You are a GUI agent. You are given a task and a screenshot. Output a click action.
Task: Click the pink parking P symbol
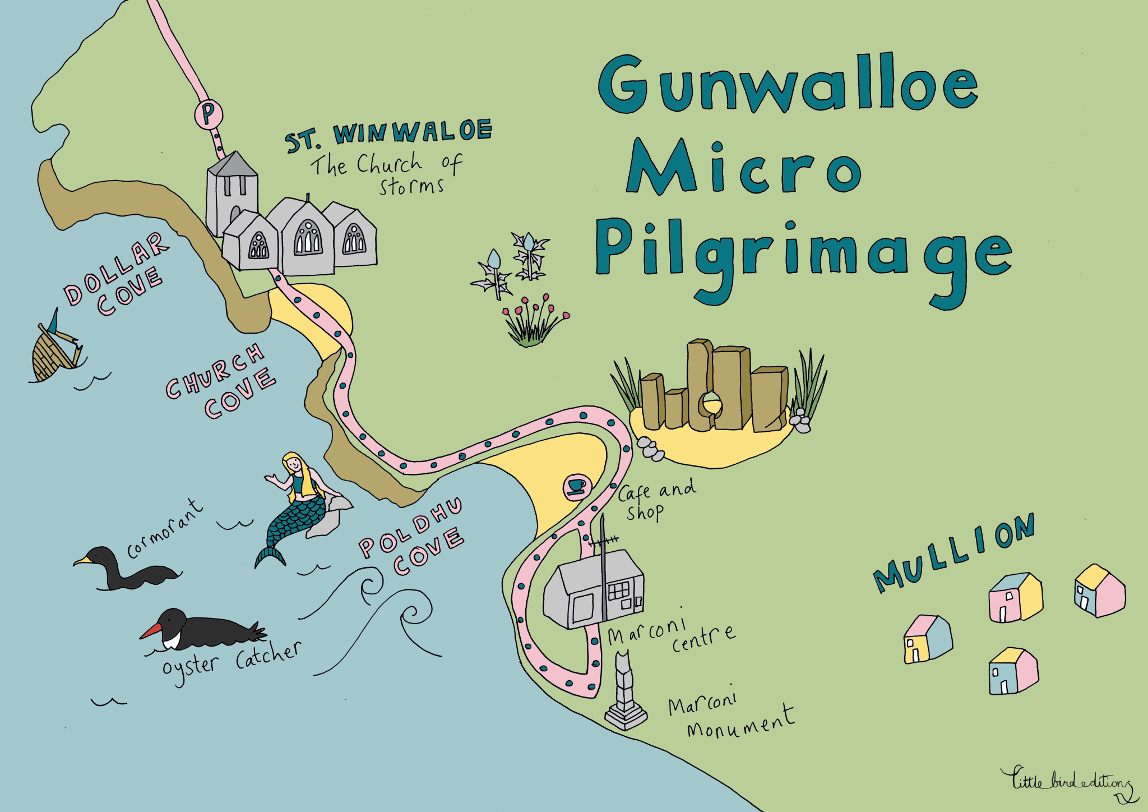coord(208,114)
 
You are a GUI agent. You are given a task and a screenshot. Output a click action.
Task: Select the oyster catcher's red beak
coord(150,632)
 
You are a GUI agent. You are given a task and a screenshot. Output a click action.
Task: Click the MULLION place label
coord(953,552)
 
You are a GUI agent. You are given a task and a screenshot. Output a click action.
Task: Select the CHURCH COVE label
coord(221,381)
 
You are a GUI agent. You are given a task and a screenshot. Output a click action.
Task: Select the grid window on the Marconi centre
coord(619,591)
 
